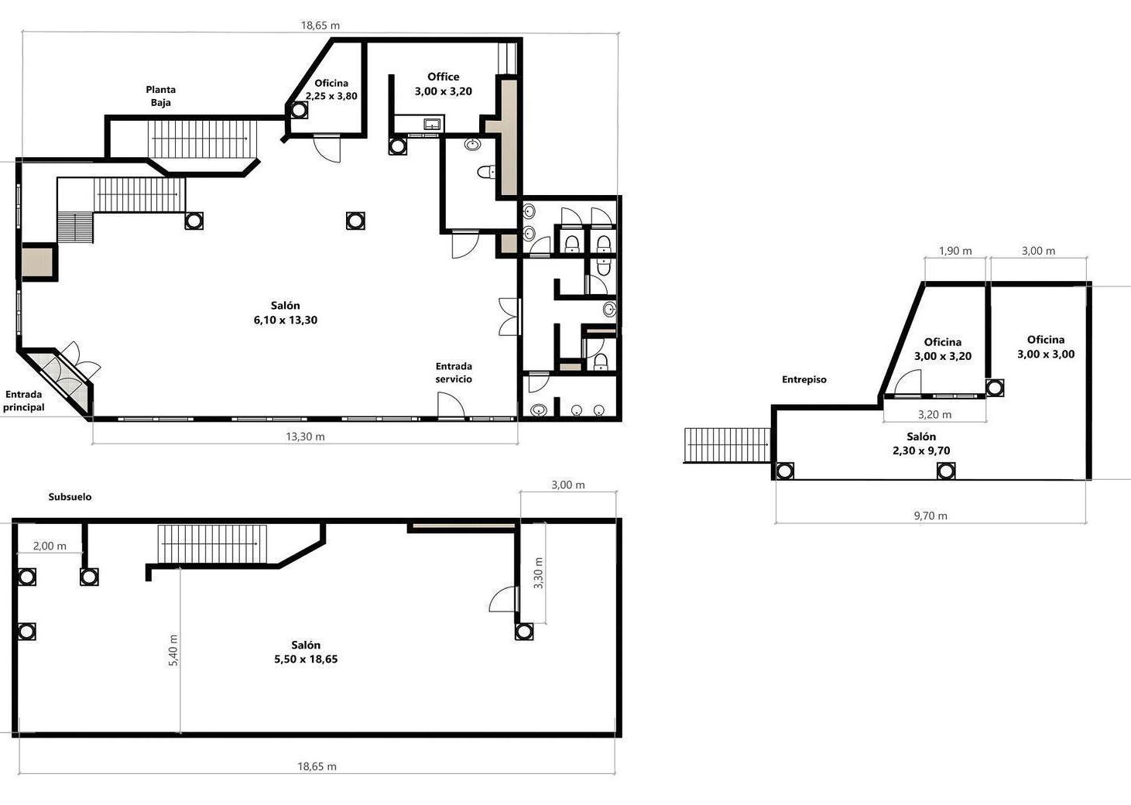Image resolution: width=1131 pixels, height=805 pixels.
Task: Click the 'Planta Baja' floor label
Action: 160,96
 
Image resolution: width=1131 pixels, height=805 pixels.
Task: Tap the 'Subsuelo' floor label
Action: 70,497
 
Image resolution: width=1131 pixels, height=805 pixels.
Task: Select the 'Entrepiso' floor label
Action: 804,379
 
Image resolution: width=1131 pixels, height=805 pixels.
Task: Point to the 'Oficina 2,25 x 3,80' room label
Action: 331,89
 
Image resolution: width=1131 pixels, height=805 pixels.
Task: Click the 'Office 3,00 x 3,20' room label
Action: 444,84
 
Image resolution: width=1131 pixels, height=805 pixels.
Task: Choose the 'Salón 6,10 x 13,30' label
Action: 286,313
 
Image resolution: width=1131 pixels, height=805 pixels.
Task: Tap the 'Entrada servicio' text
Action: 454,372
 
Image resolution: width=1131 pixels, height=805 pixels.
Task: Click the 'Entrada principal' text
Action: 24,401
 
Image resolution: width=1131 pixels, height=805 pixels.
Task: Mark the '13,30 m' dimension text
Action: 305,437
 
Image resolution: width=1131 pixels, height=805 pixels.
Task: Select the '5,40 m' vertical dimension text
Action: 173,650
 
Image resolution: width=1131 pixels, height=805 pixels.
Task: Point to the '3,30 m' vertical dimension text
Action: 538,573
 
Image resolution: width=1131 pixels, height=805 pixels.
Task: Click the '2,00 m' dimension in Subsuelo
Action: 50,546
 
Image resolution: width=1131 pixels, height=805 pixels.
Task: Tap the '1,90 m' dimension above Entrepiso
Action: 955,251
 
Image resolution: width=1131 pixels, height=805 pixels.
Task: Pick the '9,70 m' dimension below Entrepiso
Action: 931,516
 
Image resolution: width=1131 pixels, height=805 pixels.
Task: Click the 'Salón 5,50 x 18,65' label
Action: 306,652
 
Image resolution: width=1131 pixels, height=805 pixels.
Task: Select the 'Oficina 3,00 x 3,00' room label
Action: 1046,347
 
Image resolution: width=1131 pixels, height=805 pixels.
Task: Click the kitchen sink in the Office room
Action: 432,123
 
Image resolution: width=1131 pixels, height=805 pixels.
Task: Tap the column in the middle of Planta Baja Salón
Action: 355,221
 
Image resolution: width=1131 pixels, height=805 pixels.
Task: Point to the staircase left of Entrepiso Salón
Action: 727,444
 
